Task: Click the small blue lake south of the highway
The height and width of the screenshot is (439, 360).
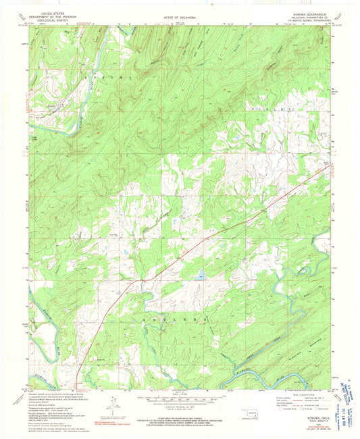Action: pyautogui.click(x=201, y=276)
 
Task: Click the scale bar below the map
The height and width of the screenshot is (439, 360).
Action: pyautogui.click(x=179, y=400)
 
